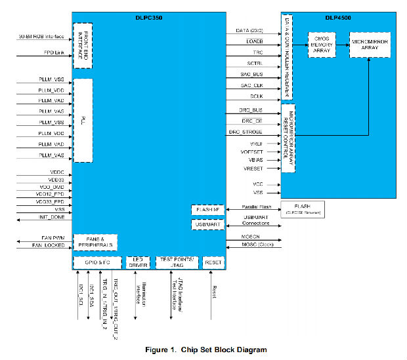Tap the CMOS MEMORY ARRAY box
click(x=322, y=44)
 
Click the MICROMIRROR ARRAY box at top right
click(x=369, y=44)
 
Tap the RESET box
click(x=213, y=262)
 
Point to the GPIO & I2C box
click(x=95, y=262)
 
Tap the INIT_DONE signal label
click(x=50, y=217)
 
